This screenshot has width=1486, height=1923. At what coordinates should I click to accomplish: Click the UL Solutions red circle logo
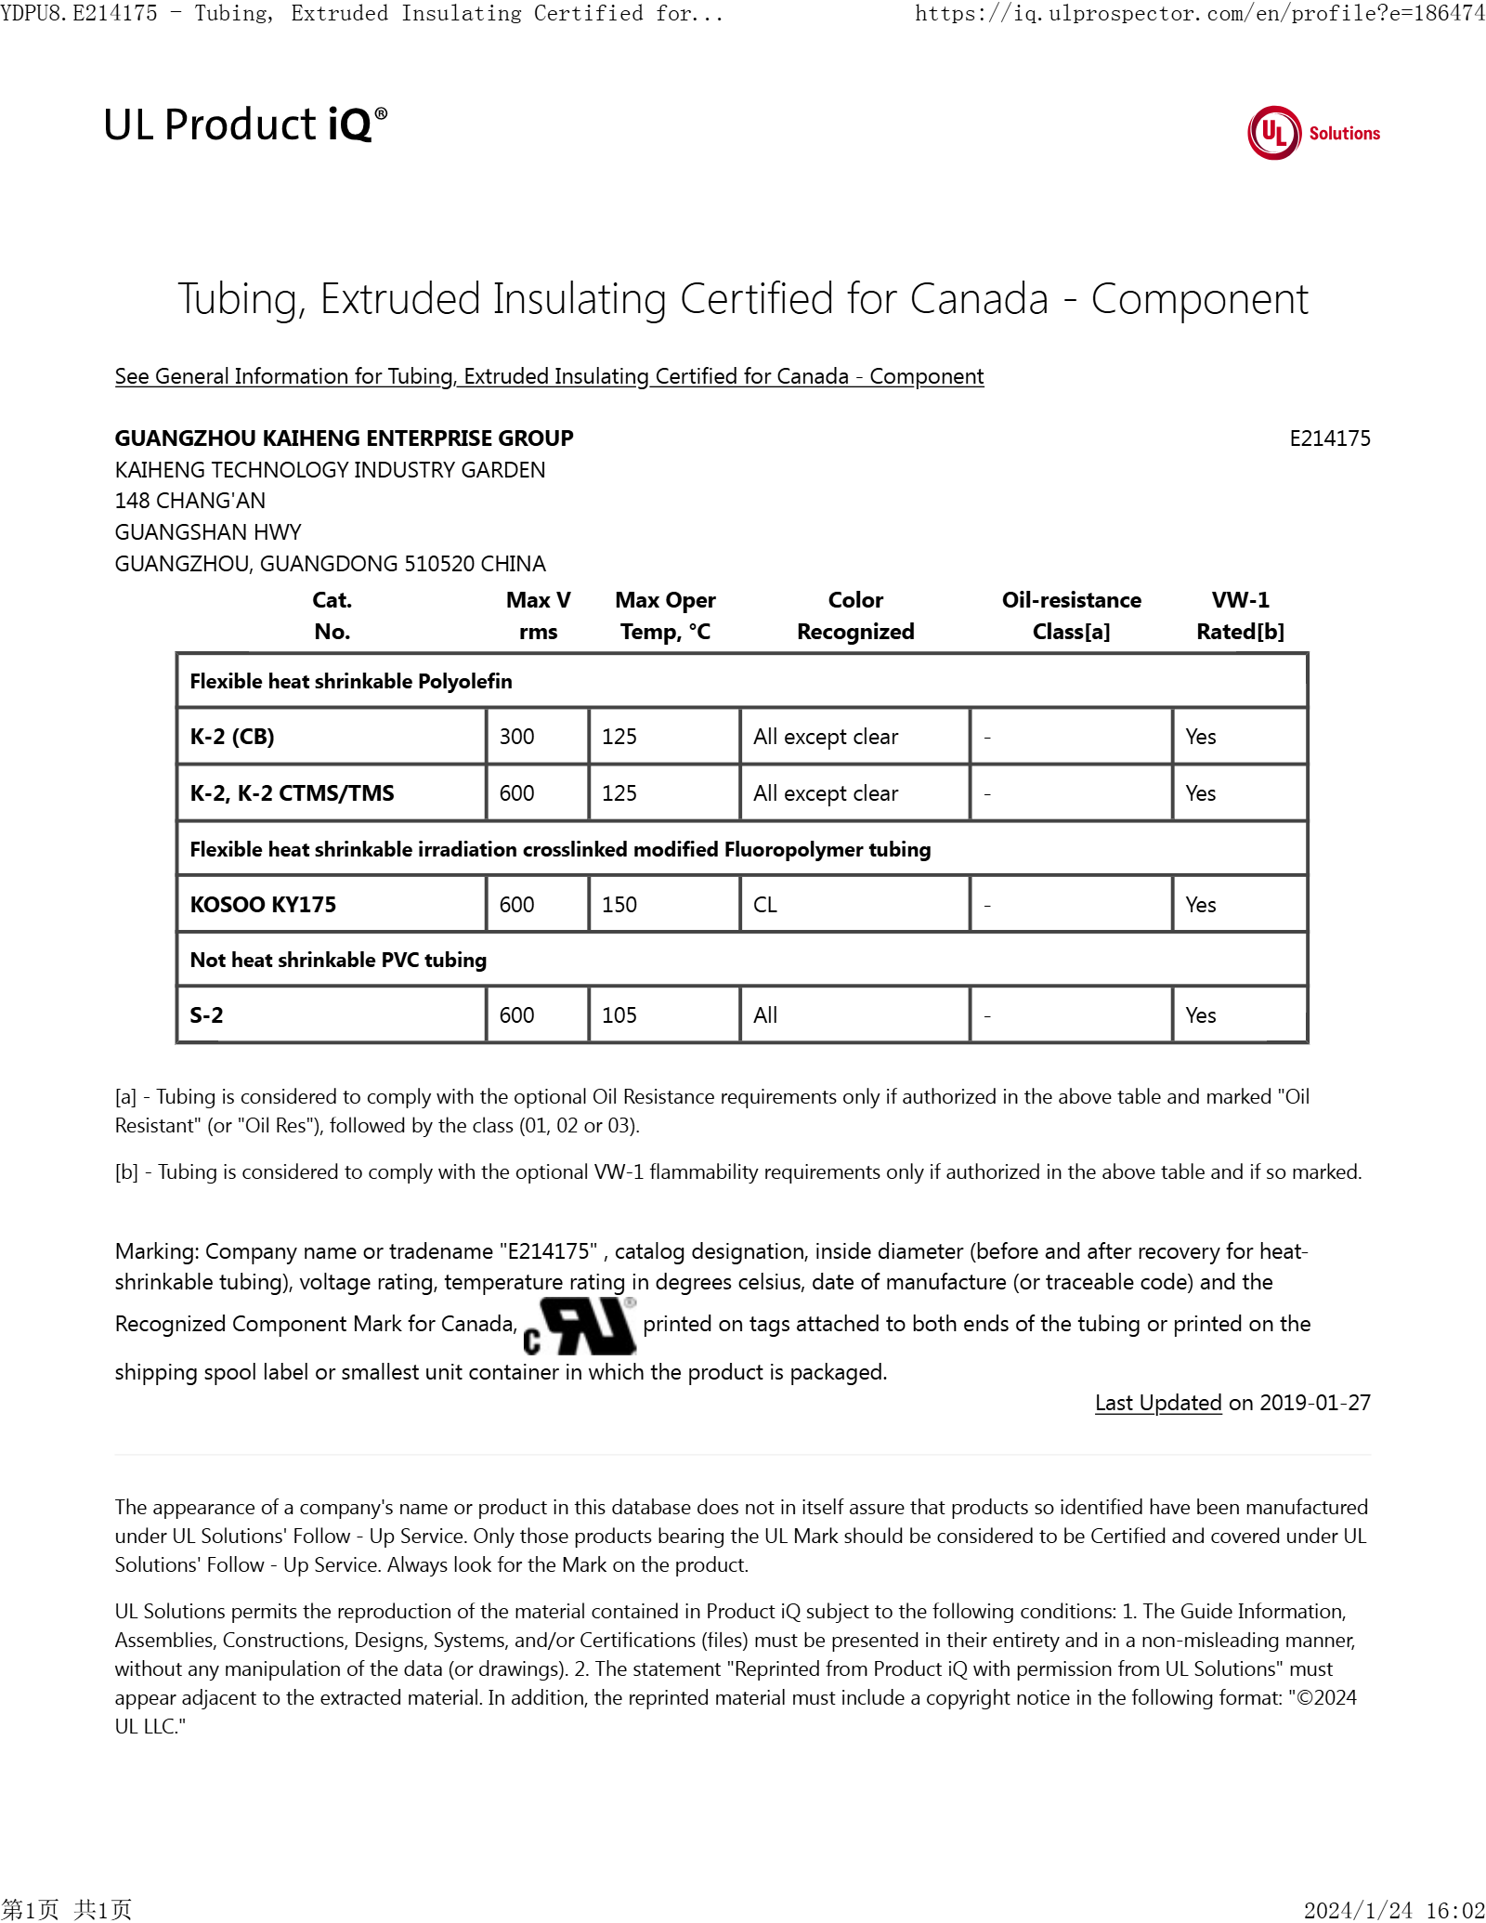[1274, 133]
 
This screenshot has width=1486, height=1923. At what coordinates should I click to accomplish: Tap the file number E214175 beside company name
[1329, 438]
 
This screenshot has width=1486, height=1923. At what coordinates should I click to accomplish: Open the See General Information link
[549, 376]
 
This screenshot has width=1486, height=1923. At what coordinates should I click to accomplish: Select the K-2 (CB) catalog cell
[232, 737]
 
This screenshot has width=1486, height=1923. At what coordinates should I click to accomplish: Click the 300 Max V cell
[517, 737]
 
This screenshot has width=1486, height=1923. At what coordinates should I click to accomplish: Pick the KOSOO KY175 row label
[263, 905]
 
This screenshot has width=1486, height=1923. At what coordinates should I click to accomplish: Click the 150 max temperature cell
[619, 905]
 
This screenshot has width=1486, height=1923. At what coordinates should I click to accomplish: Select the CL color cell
[765, 905]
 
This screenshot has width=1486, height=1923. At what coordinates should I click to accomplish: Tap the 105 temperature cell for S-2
[619, 1015]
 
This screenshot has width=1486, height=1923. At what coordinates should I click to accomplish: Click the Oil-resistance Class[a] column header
[1071, 615]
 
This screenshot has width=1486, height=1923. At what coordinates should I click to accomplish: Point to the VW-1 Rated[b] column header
[1240, 615]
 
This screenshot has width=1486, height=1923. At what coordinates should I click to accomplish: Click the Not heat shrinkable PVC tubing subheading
[338, 960]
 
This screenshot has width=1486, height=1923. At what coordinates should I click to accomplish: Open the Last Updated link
[1158, 1403]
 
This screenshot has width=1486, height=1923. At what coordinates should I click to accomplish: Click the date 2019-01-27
[1314, 1403]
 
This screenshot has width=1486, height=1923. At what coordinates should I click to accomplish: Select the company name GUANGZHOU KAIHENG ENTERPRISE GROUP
[344, 438]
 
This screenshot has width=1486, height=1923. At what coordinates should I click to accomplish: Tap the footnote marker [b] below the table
[126, 1172]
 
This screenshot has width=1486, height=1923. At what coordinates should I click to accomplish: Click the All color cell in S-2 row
[765, 1015]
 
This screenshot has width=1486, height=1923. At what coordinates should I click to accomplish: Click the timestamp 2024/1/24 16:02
[1393, 1910]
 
